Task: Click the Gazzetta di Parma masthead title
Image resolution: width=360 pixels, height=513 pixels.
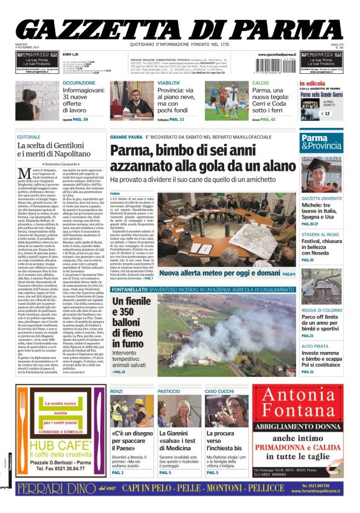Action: [x=180, y=28]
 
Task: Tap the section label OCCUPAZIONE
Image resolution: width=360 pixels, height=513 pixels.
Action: [x=79, y=83]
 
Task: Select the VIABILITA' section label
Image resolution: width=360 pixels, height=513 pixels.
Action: [x=169, y=83]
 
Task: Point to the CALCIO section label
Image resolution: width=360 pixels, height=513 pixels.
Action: [x=261, y=83]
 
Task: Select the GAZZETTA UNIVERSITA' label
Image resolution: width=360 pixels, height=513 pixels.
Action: [x=322, y=198]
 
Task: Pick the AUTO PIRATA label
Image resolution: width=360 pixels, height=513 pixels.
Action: [x=315, y=345]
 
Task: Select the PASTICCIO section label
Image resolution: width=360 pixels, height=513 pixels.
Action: [x=169, y=391]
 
